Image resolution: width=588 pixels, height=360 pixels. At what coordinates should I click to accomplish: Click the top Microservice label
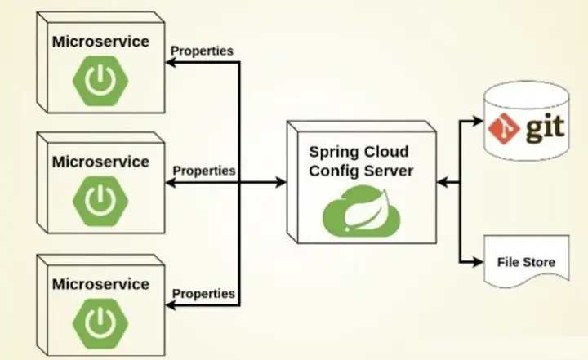click(100, 41)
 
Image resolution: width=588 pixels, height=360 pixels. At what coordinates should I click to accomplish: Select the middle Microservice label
click(100, 161)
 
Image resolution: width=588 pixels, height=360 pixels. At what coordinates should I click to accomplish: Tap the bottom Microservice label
click(100, 283)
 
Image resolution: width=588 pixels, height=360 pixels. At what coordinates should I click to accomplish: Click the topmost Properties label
click(202, 51)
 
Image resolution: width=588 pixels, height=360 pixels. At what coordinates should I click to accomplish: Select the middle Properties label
click(204, 171)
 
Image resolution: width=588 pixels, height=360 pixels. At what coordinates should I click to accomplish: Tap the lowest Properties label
click(203, 292)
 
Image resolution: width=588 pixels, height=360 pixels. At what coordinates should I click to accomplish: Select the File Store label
click(526, 263)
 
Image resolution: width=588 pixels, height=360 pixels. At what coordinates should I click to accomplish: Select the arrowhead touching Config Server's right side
click(441, 183)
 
